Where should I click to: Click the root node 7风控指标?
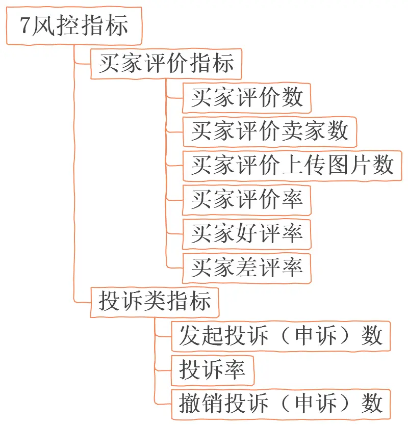[x=73, y=26]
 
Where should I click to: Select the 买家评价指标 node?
[x=166, y=64]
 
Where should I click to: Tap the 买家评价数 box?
[x=247, y=97]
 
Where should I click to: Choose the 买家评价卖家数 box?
[x=269, y=131]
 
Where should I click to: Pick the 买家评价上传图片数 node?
[x=292, y=165]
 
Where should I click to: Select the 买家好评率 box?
[x=247, y=233]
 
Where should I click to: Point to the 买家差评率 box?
[x=247, y=267]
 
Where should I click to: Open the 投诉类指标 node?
[x=155, y=302]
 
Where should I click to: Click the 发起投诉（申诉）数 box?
[x=280, y=336]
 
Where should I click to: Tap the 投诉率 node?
[x=212, y=369]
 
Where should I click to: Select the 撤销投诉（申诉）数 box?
[x=280, y=403]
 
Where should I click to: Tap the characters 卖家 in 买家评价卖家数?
[x=303, y=131]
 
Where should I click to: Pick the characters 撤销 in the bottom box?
[x=201, y=403]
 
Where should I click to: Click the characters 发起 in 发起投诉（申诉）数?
[x=201, y=336]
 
